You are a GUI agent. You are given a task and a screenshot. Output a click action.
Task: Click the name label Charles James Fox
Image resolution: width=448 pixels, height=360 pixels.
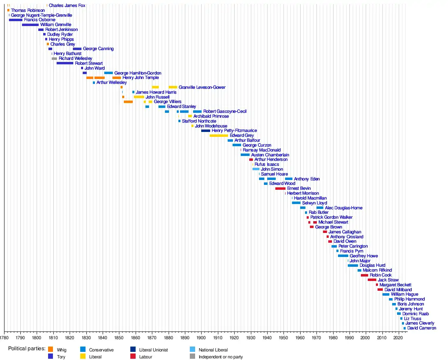[67, 6]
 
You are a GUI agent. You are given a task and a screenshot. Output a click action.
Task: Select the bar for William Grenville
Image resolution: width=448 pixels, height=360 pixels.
[30, 25]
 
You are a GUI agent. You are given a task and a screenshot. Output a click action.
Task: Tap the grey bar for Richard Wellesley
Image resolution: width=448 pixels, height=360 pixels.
[55, 59]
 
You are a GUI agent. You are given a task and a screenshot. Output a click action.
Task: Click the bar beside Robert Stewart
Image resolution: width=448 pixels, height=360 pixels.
[65, 64]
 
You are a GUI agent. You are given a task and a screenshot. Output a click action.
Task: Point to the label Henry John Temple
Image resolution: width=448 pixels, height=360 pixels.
[141, 78]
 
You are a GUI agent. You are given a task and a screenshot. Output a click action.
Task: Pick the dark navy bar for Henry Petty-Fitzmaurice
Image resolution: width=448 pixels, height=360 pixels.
[206, 131]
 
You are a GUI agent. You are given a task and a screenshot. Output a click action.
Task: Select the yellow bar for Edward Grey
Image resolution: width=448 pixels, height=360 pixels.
[219, 136]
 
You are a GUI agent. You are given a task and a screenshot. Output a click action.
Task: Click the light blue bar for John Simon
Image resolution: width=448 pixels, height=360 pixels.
[256, 169]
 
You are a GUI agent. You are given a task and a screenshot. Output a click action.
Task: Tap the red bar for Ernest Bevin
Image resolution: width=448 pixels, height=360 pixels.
[280, 189]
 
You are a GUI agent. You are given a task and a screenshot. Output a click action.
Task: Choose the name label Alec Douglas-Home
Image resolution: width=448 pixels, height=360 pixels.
[343, 208]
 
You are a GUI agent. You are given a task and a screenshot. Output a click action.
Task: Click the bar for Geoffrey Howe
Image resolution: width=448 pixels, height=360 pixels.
[343, 256]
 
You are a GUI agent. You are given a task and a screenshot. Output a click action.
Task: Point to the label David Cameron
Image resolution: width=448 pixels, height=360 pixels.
[422, 328]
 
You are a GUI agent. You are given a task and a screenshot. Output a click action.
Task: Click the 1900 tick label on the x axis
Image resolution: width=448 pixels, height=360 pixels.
[201, 338]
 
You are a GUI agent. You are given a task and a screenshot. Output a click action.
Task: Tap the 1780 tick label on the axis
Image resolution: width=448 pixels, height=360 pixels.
[4, 338]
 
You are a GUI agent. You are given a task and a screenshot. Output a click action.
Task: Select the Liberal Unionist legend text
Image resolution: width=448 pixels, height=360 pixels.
[154, 350]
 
